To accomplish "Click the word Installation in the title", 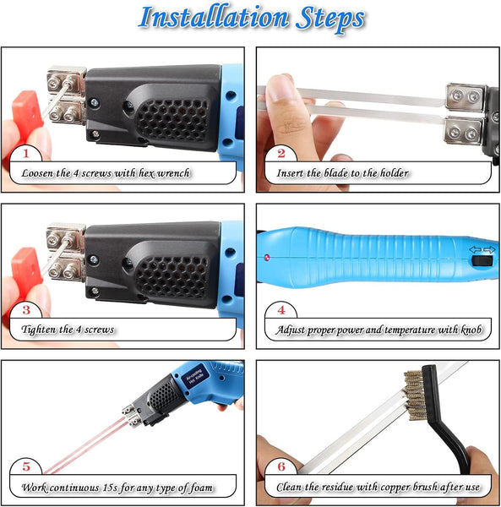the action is (x=214, y=17).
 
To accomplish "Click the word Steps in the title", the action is (x=330, y=19).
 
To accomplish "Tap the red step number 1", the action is (x=26, y=153).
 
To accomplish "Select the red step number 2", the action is (x=281, y=153).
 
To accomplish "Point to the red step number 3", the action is (x=26, y=310).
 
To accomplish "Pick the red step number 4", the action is (x=281, y=310).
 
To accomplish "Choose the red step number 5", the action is (x=26, y=466).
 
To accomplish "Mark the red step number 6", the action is (x=281, y=466).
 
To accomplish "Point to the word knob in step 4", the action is (x=471, y=330).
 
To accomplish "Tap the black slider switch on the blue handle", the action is (x=482, y=260).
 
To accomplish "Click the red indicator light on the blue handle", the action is (x=267, y=258).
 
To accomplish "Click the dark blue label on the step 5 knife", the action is (x=194, y=378).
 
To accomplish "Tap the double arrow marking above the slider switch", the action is (x=482, y=250).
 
